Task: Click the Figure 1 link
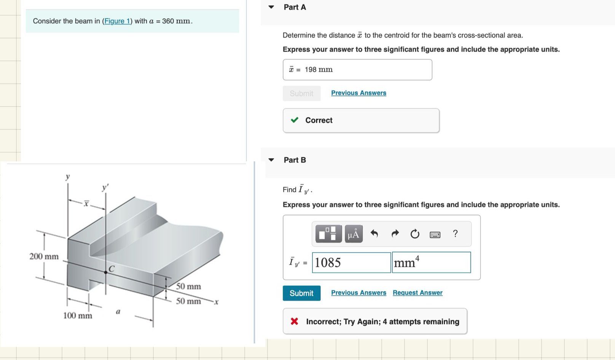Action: pos(117,21)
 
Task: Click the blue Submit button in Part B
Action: pos(301,293)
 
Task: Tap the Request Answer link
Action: pos(417,293)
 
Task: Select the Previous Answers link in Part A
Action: pos(358,93)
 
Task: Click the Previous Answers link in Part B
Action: pos(358,293)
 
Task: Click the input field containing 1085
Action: pos(351,263)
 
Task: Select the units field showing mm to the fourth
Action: pos(431,263)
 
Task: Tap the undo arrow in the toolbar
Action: pos(374,234)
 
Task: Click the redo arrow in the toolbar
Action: pos(395,234)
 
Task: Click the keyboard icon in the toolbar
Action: pos(435,234)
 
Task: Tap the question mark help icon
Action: pos(455,234)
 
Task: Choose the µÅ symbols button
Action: pos(354,234)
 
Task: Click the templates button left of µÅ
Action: pos(328,234)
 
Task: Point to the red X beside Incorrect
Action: pos(294,322)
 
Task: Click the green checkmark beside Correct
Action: pos(294,120)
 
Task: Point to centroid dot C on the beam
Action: pos(106,272)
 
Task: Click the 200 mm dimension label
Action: pos(44,256)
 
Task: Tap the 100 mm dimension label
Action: pos(78,315)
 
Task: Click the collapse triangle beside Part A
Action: pos(271,7)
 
